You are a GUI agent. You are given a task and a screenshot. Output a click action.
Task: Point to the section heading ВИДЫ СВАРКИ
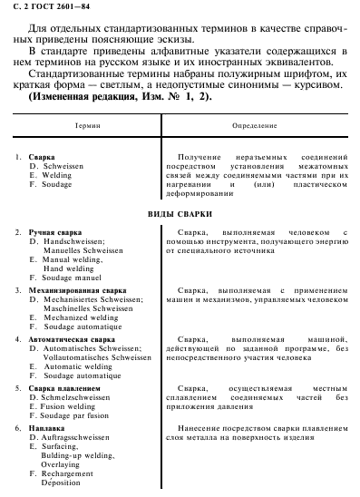click(x=180, y=214)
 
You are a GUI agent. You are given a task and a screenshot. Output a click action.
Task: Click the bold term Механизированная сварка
click(x=77, y=290)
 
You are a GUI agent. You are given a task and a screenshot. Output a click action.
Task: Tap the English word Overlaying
click(x=63, y=464)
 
